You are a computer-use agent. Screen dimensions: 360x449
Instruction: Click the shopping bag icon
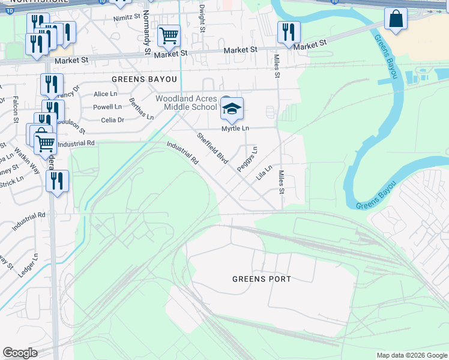396,19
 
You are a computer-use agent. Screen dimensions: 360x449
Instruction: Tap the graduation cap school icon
232,109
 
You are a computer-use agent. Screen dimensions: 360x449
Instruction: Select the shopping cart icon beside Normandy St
169,35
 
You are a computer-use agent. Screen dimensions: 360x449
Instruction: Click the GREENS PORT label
262,279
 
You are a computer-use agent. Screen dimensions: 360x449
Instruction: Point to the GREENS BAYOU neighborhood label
145,79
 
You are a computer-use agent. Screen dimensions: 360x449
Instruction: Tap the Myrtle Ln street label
235,128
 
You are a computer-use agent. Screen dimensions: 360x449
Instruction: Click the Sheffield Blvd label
213,148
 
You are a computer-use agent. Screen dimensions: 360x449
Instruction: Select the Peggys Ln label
247,160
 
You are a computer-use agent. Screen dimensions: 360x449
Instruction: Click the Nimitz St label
126,19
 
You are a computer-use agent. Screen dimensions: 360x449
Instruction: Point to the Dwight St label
202,19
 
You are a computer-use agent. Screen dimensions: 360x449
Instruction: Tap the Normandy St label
146,36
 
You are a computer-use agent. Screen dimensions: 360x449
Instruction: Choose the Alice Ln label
105,94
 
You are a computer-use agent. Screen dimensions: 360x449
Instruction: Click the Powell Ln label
107,107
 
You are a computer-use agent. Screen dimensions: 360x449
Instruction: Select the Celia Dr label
112,120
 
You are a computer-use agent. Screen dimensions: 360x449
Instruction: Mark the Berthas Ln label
141,109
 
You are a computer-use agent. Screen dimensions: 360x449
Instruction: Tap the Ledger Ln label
28,265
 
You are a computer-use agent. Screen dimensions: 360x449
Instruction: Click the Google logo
20,353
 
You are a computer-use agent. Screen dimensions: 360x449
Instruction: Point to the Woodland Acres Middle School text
185,103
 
